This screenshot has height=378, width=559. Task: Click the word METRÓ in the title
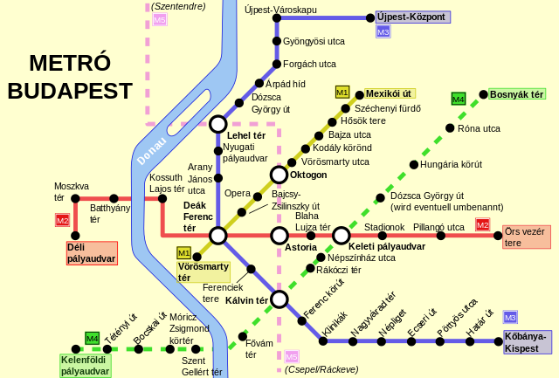point(70,64)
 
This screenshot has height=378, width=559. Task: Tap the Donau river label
point(151,151)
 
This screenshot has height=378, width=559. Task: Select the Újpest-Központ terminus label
point(411,17)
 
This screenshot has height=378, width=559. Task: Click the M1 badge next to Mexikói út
point(342,93)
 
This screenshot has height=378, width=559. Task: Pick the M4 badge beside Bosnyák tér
point(459,99)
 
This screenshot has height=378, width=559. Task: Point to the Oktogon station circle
point(279,175)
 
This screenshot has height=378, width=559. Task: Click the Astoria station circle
point(279,235)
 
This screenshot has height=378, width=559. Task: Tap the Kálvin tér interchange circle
point(279,299)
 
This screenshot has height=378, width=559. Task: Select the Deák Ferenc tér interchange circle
point(218,235)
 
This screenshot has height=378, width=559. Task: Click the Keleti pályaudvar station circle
point(341,235)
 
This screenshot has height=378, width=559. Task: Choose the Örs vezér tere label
point(526,237)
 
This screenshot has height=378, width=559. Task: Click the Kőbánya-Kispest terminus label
point(527,342)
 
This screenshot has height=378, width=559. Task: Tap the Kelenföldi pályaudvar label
point(86,365)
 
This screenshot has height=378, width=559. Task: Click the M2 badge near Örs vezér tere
point(482,224)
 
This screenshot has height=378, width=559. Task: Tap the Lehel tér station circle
point(218,125)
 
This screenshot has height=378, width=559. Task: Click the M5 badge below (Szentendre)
point(159,19)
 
